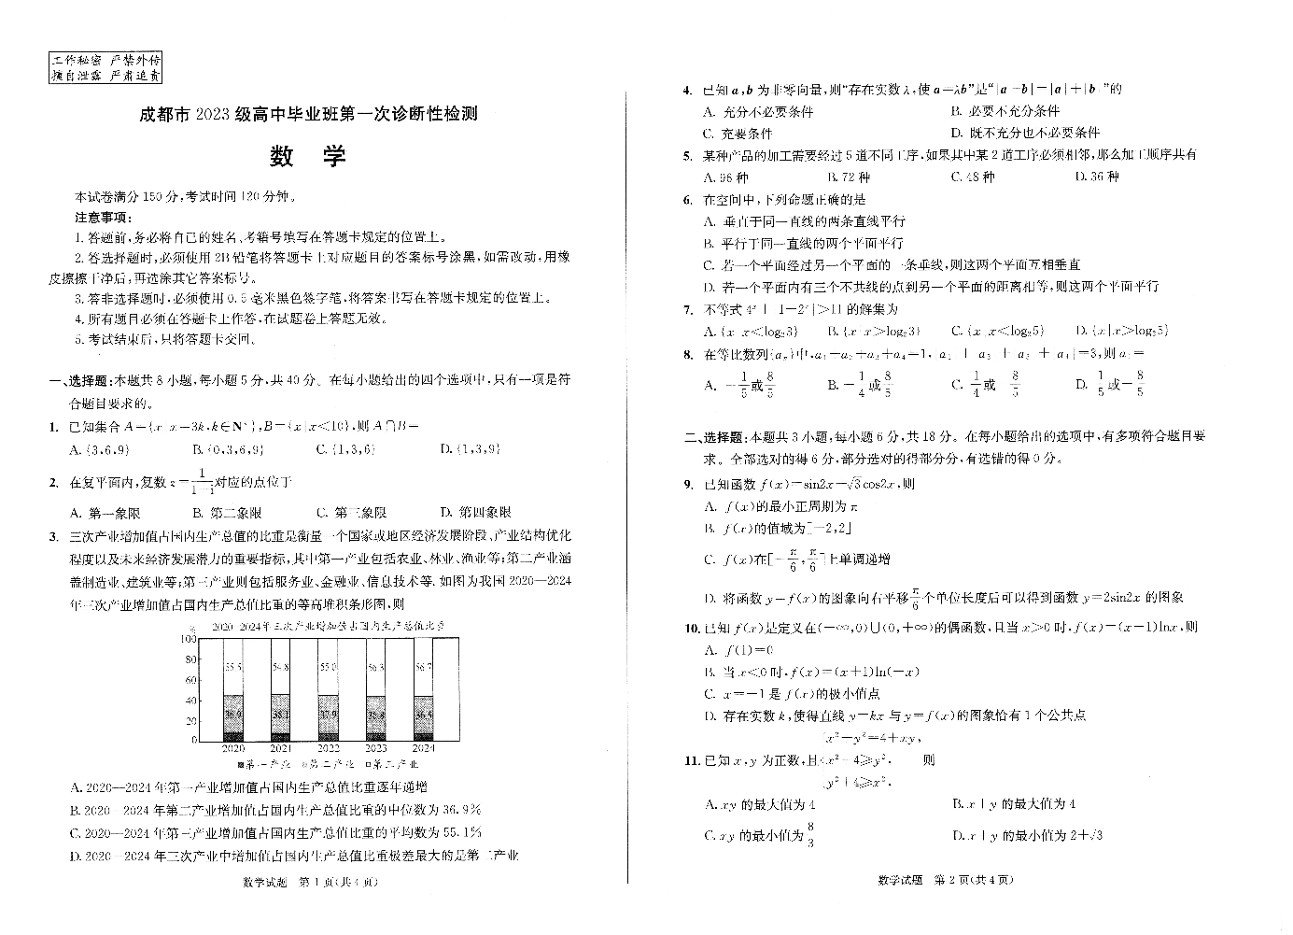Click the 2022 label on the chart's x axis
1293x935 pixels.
point(329,748)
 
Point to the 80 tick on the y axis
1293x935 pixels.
point(189,660)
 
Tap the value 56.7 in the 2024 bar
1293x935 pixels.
point(423,668)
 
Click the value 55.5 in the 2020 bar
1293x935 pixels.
point(233,668)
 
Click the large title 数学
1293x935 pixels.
point(308,156)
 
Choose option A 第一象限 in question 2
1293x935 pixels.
point(105,513)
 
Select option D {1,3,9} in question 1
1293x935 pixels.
point(471,449)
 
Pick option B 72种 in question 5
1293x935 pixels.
point(849,177)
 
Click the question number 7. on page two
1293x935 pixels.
point(687,309)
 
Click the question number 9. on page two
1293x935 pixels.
point(687,484)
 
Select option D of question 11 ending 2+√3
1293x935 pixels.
point(1027,835)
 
